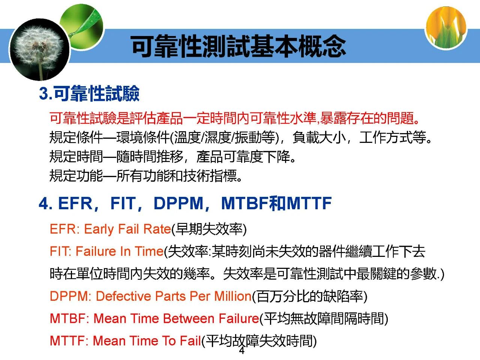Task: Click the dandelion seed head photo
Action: click(40, 49)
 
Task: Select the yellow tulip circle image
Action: click(446, 28)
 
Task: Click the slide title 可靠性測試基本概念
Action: click(238, 46)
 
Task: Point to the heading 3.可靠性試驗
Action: click(89, 93)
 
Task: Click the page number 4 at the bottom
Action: click(241, 351)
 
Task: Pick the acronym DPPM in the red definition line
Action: click(69, 296)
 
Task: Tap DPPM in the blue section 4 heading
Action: click(178, 204)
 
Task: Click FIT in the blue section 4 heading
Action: click(123, 204)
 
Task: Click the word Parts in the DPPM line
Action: click(170, 296)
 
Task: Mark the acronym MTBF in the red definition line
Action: click(68, 318)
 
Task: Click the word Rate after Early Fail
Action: click(157, 229)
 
